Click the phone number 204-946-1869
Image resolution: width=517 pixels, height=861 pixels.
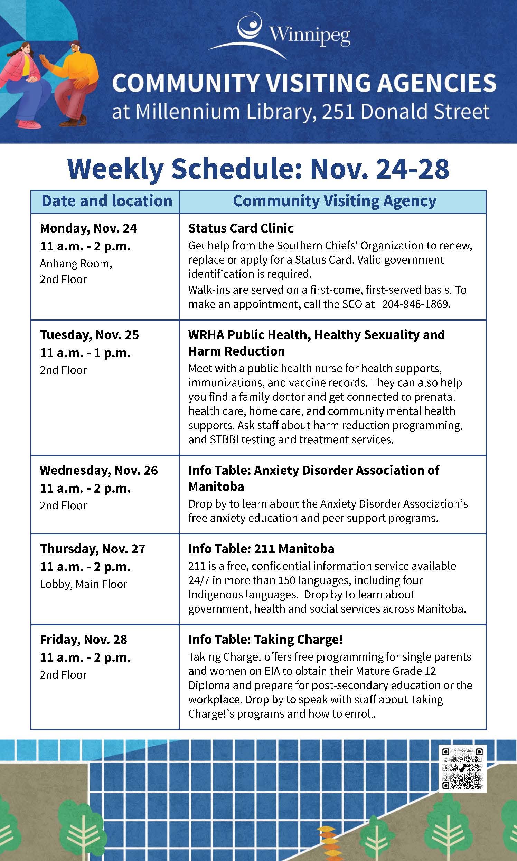tap(416, 304)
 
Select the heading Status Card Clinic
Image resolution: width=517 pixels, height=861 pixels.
tap(241, 228)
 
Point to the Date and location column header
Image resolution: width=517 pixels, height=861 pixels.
tap(106, 201)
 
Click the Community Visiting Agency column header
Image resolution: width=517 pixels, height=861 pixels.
tap(335, 201)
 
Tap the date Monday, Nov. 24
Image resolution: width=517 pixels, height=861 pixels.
tap(88, 228)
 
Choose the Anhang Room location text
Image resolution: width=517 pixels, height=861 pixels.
tap(76, 264)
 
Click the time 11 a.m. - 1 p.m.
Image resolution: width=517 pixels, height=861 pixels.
tap(85, 353)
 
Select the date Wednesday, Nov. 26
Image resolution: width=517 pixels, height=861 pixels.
tap(98, 470)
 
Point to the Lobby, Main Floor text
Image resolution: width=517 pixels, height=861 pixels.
tap(83, 584)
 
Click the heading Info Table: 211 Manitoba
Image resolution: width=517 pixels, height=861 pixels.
tap(261, 549)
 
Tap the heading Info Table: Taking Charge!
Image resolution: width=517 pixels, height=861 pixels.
tap(265, 640)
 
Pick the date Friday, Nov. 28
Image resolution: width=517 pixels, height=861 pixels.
tap(83, 640)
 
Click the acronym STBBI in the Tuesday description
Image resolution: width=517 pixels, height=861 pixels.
tap(224, 439)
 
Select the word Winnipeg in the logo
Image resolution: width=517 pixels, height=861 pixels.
tap(309, 35)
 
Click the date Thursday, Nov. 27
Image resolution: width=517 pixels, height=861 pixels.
tap(92, 549)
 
